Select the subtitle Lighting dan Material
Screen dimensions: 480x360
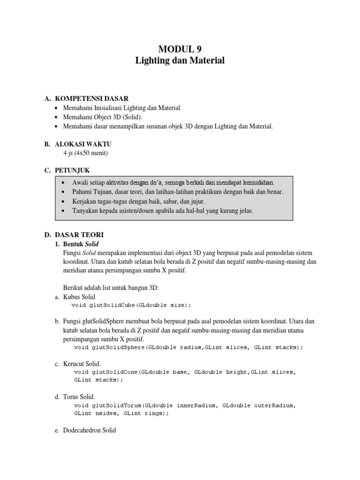point(180,60)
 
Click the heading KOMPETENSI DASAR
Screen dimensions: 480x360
point(91,98)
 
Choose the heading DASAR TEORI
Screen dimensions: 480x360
point(79,234)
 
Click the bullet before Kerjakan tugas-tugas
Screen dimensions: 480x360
point(63,202)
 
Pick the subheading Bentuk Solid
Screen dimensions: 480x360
point(81,244)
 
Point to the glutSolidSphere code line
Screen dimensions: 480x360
point(188,347)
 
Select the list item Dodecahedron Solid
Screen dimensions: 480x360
point(89,430)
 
